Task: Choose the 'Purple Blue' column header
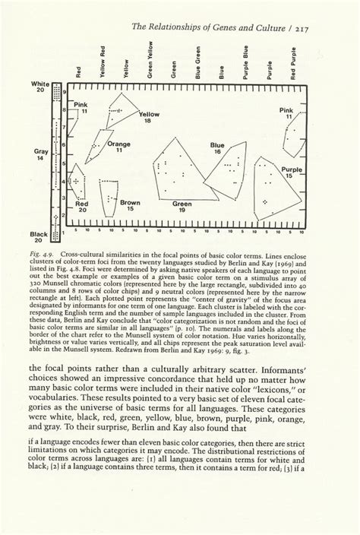coord(246,64)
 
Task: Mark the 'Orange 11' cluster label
coord(118,147)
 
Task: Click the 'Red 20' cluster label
coord(82,207)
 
